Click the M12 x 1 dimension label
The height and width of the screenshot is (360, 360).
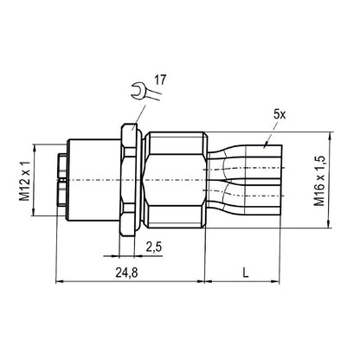[27, 184]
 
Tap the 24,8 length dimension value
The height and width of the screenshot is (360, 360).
[127, 274]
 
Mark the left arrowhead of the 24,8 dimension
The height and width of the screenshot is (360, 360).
[59, 282]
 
